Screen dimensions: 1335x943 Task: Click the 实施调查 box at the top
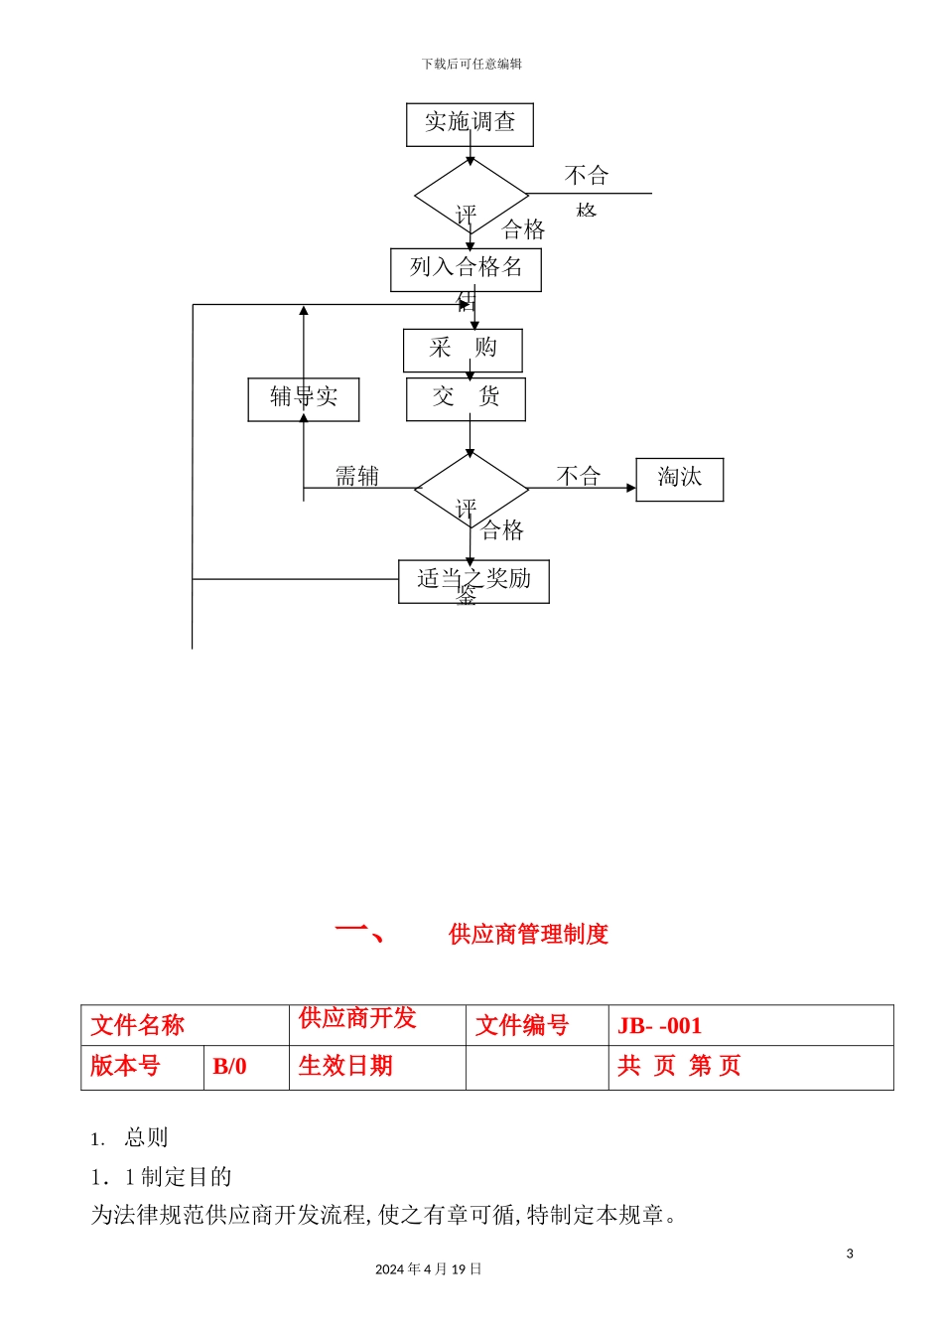(x=470, y=124)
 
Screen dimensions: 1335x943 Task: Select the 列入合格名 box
(x=466, y=269)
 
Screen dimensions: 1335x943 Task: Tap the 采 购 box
(x=463, y=350)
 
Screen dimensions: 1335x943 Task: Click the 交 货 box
(x=466, y=398)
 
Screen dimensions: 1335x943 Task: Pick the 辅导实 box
(x=303, y=399)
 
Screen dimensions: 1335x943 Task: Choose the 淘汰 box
(x=679, y=479)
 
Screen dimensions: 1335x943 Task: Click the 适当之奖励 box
(x=473, y=581)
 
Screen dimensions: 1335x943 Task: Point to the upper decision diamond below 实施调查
(x=471, y=196)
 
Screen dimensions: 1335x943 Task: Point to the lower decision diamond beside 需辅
(x=471, y=489)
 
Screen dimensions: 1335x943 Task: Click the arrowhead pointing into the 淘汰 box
(x=630, y=488)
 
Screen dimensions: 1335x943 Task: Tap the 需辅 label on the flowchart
(x=356, y=477)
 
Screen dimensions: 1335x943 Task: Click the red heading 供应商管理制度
(x=528, y=934)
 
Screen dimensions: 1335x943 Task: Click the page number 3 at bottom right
(x=850, y=1254)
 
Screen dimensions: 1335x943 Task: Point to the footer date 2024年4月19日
(x=428, y=1269)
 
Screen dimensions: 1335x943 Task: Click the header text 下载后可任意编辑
(x=471, y=64)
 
